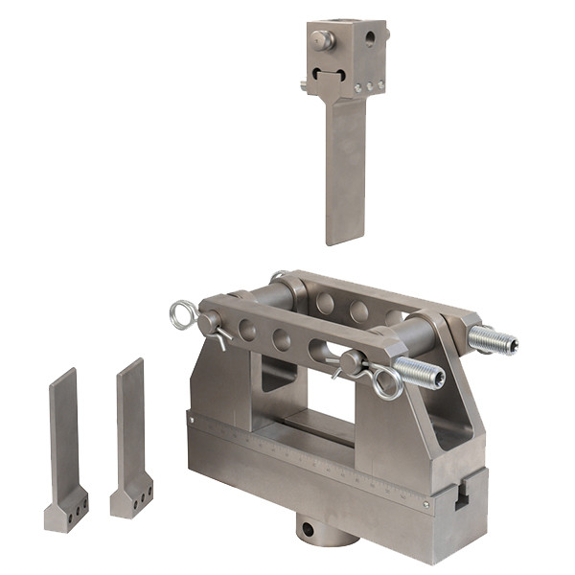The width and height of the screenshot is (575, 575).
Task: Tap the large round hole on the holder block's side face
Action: (369, 39)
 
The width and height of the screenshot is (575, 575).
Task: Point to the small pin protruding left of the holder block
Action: (304, 85)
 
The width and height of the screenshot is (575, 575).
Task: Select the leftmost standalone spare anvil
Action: (65, 450)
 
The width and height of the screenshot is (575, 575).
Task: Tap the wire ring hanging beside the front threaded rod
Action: (387, 383)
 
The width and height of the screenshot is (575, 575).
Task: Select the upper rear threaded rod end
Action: (494, 340)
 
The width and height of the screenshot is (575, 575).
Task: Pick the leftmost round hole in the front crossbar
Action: (247, 330)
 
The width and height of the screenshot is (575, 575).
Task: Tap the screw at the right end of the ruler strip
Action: (426, 502)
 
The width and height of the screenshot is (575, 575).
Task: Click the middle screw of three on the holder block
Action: (369, 86)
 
